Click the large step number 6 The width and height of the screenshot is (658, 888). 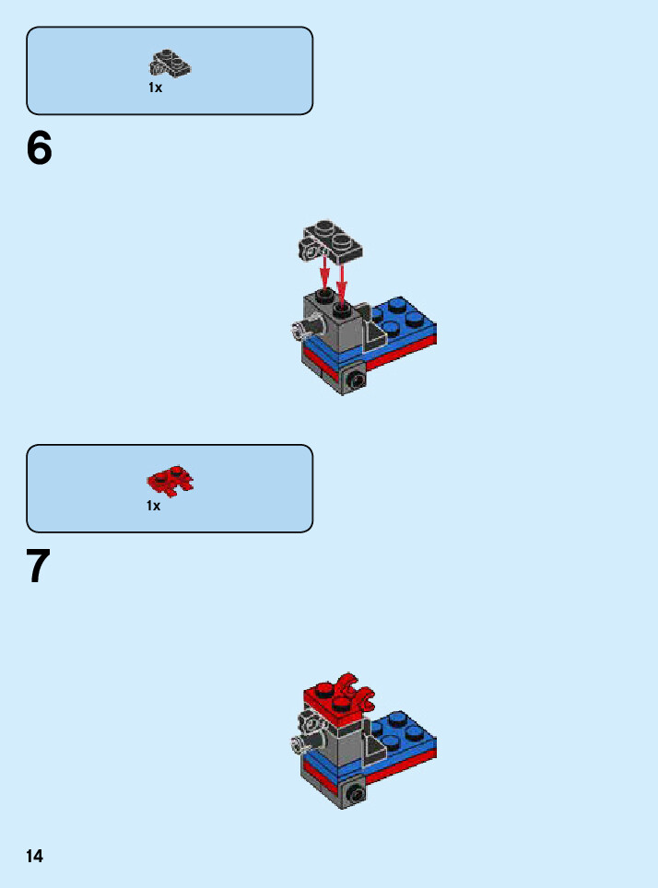coord(39,147)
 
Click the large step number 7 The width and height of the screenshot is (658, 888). coord(39,566)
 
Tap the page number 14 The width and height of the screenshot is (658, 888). coord(35,856)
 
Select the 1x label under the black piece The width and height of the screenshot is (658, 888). coord(156,88)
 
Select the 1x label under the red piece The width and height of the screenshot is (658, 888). coord(154,506)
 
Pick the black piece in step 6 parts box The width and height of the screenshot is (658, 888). coord(170,63)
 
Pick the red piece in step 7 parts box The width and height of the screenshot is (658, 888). coord(170,482)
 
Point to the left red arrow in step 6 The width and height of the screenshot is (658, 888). coord(324,273)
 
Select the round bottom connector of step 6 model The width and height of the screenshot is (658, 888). coord(356,380)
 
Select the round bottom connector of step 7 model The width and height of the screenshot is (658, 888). coord(356,795)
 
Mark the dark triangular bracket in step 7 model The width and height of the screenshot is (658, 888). coord(374,748)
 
